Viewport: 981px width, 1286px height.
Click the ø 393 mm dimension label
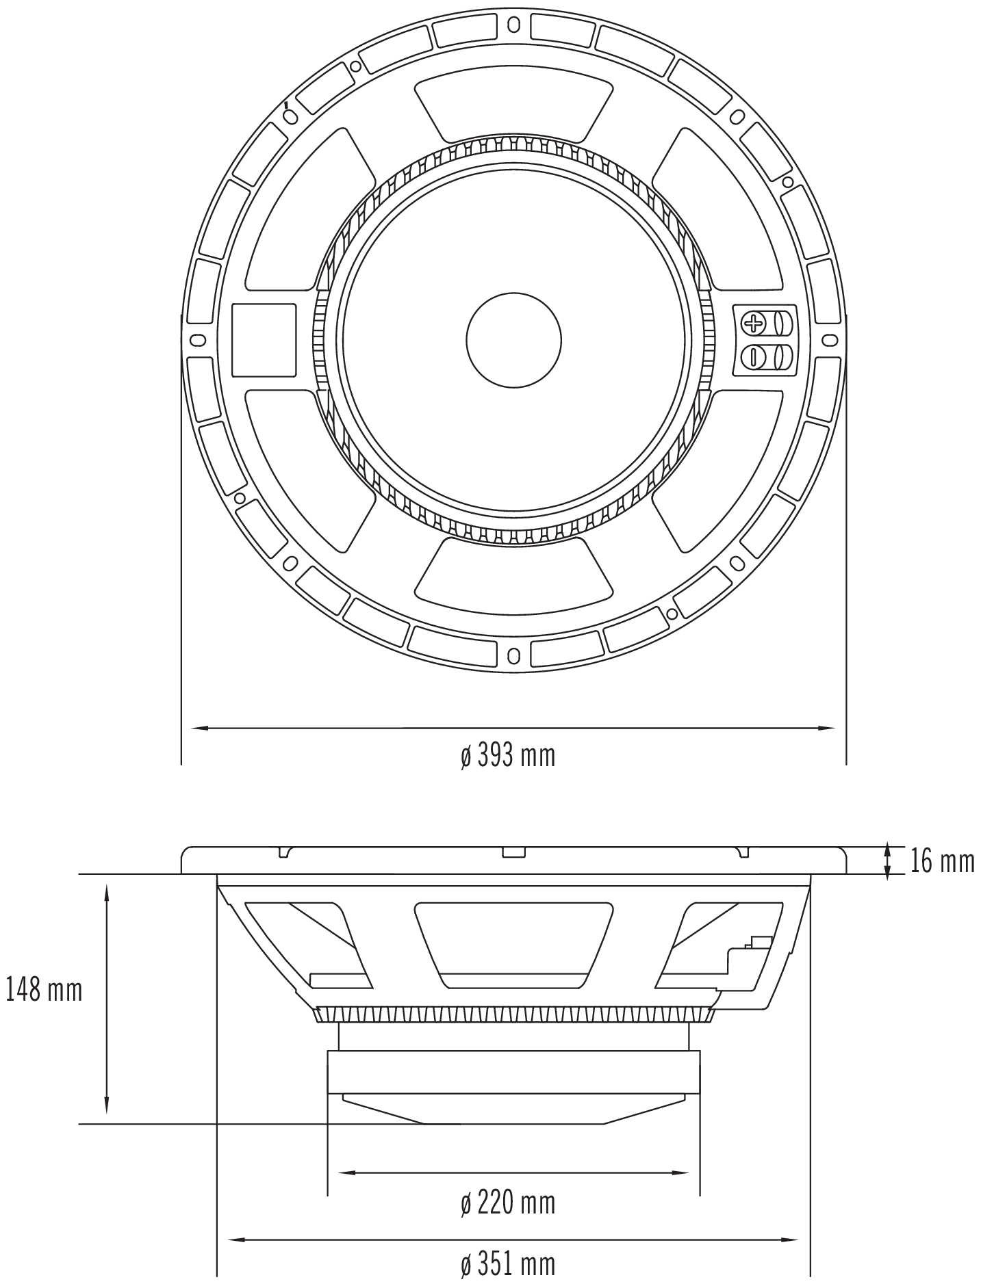click(x=507, y=756)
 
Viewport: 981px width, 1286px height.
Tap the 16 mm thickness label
click(x=942, y=861)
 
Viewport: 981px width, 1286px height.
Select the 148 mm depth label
click(x=44, y=989)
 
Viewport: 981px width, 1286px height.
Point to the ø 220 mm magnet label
click(x=507, y=1203)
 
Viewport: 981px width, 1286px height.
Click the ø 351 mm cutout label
click(x=507, y=1264)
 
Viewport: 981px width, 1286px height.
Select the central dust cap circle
click(x=513, y=339)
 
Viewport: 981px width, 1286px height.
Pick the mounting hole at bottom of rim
click(x=513, y=656)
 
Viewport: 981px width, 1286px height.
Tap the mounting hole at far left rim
click(x=197, y=339)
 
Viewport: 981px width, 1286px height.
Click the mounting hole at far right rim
click(x=830, y=339)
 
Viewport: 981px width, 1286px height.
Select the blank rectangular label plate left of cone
click(x=264, y=340)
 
